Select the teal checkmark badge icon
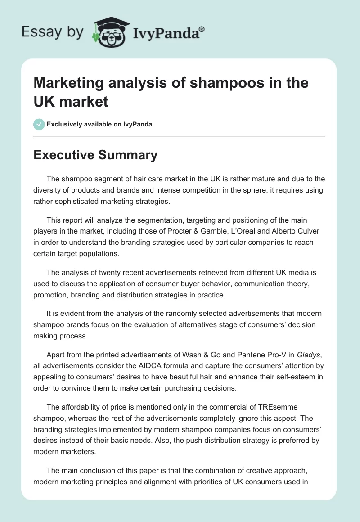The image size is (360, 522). click(39, 124)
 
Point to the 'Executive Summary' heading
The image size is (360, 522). click(95, 155)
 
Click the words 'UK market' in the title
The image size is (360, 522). click(71, 102)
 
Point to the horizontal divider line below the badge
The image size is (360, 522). click(180, 136)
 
